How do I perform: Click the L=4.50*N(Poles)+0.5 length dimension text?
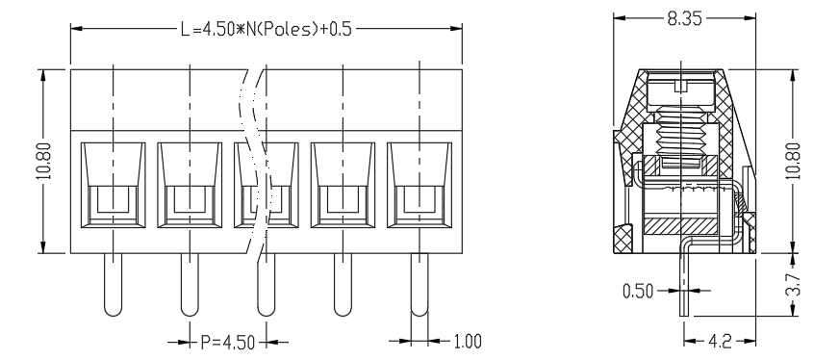click(266, 28)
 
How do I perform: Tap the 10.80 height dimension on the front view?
click(44, 161)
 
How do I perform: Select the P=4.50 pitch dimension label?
click(228, 342)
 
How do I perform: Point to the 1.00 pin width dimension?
click(468, 341)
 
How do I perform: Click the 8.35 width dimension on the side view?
click(684, 18)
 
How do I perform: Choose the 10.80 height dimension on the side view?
click(795, 160)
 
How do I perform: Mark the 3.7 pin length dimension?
click(795, 285)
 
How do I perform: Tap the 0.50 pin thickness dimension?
click(638, 291)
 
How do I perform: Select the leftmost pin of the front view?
click(113, 285)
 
